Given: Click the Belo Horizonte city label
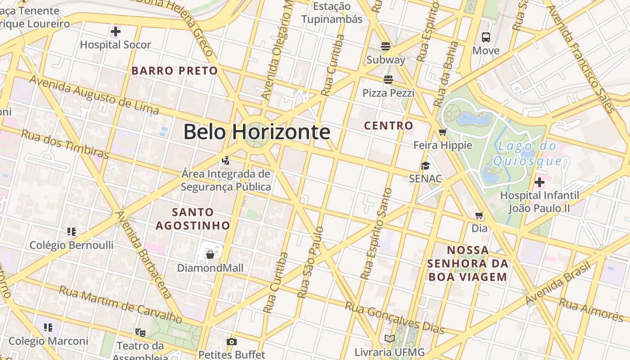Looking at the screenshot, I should click(256, 132).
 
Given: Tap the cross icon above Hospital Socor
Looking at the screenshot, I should click(116, 31).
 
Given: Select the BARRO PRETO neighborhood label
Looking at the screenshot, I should click(175, 71).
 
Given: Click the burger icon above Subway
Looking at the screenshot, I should click(385, 46).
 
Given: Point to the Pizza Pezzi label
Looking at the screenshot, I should click(388, 93).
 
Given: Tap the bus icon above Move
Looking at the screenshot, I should click(486, 37).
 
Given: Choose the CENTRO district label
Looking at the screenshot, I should click(388, 126).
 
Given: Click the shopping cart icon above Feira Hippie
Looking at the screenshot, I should click(442, 132).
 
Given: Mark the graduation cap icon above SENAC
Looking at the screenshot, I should click(425, 166).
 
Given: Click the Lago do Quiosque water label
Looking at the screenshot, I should click(527, 153).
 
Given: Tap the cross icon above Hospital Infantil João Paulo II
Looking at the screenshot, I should click(539, 182).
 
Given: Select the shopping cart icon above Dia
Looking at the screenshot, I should click(479, 216).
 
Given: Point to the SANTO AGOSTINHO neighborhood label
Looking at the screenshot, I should click(193, 218).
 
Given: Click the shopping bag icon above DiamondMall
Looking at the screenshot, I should click(210, 255).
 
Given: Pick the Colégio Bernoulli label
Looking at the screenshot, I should click(71, 245).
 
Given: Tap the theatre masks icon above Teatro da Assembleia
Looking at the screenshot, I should click(140, 333).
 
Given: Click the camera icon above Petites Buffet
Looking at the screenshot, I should click(231, 342).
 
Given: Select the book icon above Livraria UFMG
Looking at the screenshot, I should click(389, 339).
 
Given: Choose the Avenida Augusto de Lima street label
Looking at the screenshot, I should click(94, 95).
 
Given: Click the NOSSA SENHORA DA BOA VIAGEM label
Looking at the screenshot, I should click(468, 263).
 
